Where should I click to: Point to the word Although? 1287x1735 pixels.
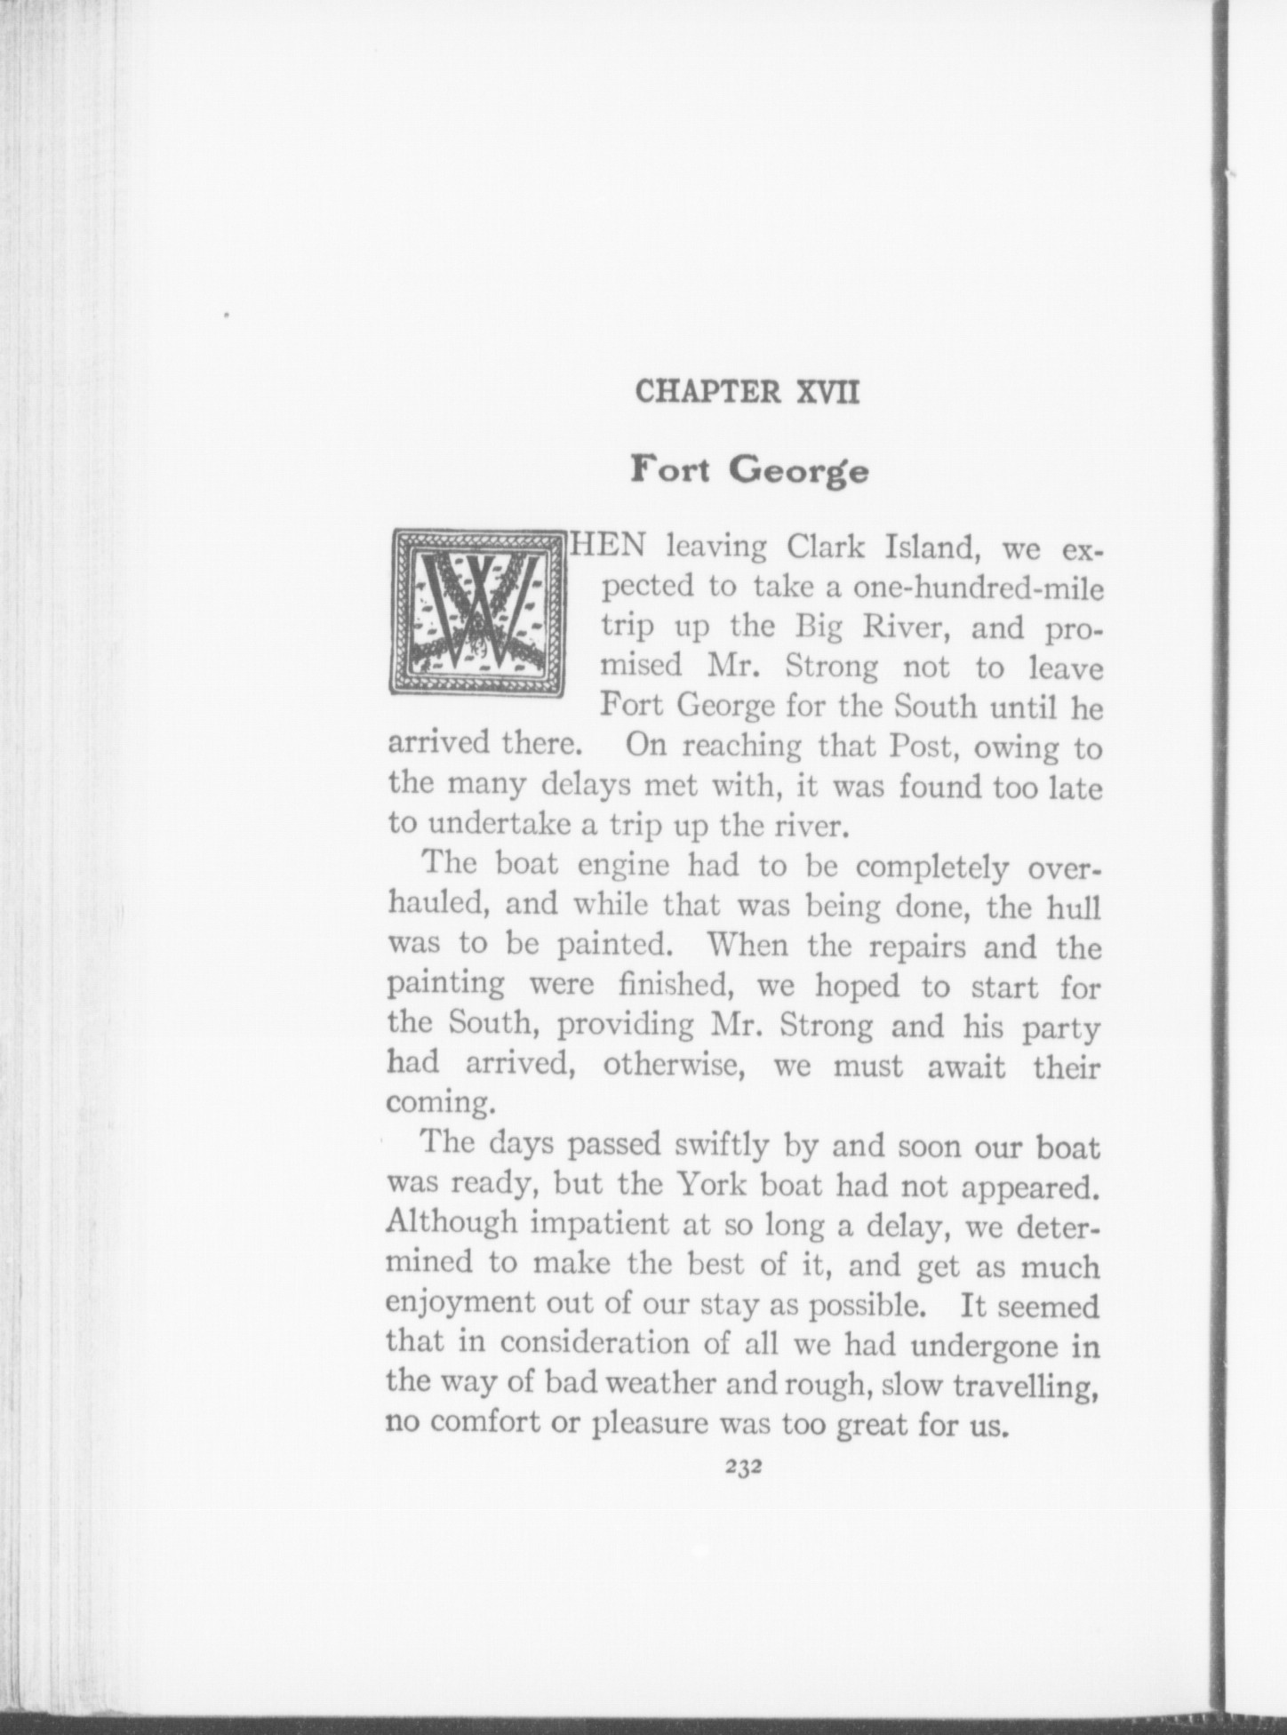tap(452, 1225)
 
